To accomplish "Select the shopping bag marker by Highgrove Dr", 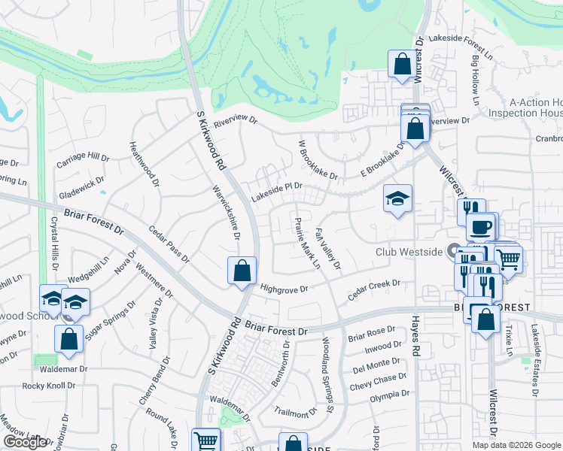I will pos(242,271).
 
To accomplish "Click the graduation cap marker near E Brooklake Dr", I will pos(397,198).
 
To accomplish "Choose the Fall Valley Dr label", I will pos(328,250).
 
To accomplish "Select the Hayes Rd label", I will pos(415,335).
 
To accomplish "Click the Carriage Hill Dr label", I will pos(83,160).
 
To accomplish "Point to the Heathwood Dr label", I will pos(145,165).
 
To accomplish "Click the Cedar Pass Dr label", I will pos(169,244).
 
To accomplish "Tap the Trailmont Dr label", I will pos(296,412).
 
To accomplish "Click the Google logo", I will pos(25,442).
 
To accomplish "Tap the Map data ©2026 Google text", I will pos(516,445).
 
